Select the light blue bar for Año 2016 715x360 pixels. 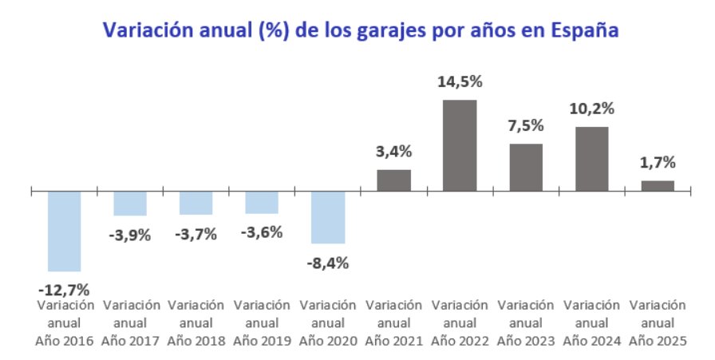65,231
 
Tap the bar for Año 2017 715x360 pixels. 130,204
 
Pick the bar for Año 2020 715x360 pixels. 328,217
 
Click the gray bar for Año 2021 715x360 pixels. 394,180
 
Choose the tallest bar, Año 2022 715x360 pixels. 460,145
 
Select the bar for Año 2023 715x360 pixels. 526,168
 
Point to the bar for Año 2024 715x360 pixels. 591,159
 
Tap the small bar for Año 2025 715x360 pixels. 658,186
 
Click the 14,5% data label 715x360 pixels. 460,82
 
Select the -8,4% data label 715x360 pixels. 328,263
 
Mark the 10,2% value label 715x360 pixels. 591,109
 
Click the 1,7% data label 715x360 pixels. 658,163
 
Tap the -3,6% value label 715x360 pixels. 262,235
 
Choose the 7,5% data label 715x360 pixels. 526,126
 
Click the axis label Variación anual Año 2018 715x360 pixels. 196,322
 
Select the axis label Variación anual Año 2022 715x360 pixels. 460,322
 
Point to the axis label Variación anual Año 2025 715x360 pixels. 658,322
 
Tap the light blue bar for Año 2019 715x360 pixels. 262,203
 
